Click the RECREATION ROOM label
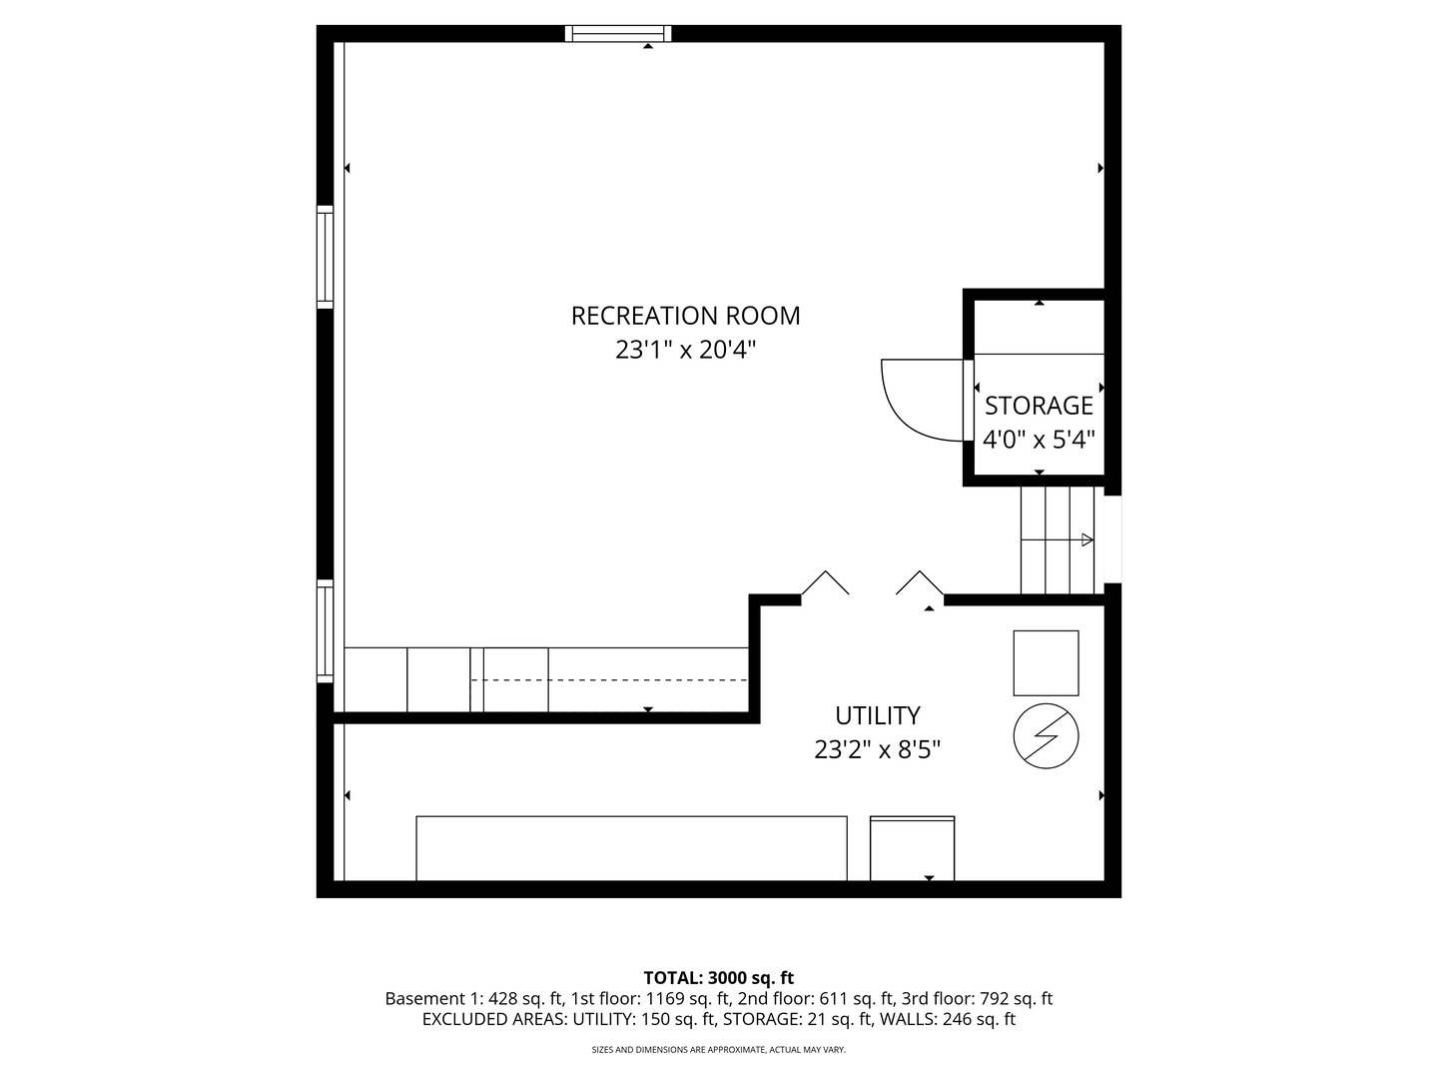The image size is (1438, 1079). point(685,316)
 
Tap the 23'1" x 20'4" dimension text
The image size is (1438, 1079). point(685,350)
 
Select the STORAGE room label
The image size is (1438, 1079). point(1039,407)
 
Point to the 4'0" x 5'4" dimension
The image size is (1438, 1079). point(1039,440)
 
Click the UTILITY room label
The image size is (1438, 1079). point(877,716)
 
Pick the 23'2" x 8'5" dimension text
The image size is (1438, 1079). point(877,749)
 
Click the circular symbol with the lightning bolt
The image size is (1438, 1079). point(1046,735)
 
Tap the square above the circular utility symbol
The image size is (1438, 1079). point(1046,663)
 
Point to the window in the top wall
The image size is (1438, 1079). point(618,33)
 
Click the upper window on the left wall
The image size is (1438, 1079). point(325,257)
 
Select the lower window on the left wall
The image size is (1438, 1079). point(325,630)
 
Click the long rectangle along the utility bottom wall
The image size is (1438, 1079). point(631,848)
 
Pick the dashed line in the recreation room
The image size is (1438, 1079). point(609,680)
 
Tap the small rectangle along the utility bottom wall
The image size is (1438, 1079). point(912,848)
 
